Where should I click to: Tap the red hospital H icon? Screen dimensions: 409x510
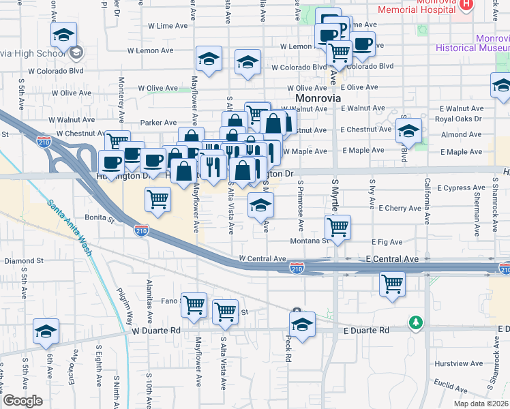tap(466, 5)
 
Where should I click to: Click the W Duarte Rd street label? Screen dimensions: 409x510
tap(156, 331)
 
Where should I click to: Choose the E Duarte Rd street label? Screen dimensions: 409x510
tap(365, 331)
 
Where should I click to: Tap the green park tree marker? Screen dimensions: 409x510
tap(415, 321)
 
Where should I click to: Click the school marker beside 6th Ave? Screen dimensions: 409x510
tap(46, 332)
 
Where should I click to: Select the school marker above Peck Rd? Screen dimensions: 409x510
tap(303, 324)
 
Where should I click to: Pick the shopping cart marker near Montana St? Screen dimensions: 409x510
tap(337, 227)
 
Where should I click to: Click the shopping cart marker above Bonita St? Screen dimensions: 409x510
tap(158, 200)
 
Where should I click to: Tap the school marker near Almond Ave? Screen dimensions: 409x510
tap(409, 131)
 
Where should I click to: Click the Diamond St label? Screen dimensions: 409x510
tap(24, 261)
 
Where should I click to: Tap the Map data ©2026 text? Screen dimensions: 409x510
tap(480, 404)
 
